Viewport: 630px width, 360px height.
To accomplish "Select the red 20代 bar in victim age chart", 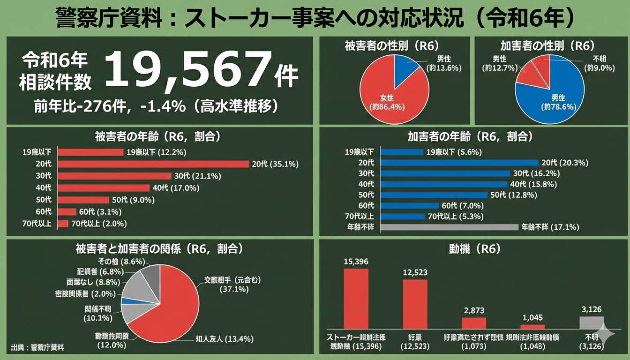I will tap(153, 164).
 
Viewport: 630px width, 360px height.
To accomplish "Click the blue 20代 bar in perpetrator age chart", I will tap(459, 163).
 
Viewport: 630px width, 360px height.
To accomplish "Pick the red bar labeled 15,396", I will tap(356, 299).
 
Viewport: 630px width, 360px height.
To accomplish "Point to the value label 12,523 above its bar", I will tap(415, 272).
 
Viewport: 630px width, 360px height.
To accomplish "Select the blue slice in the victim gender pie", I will tap(406, 74).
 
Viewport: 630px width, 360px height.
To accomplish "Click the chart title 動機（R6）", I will tap(474, 249).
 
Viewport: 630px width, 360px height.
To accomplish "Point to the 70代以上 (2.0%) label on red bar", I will tap(99, 224).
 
